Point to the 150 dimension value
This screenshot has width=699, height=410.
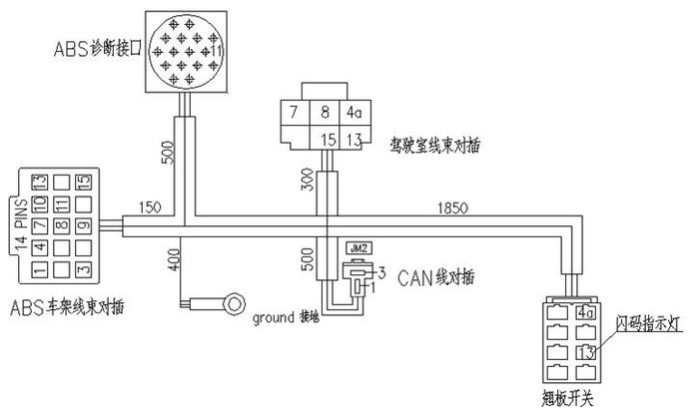(151, 205)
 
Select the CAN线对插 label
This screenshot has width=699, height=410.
(436, 275)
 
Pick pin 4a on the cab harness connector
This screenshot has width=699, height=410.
(353, 113)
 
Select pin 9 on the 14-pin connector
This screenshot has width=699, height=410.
(84, 226)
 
